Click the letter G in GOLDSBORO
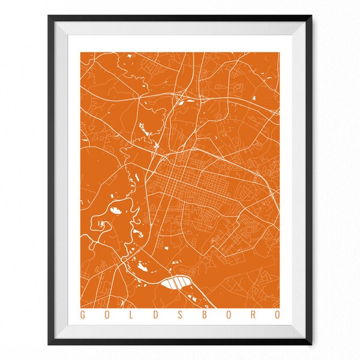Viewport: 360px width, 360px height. click(82, 314)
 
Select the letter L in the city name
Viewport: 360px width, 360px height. click(131, 314)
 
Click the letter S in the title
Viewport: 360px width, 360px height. click(179, 314)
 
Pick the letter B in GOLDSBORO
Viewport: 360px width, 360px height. click(204, 314)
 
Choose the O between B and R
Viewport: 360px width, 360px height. click(229, 314)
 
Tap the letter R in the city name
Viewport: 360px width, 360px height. click(253, 314)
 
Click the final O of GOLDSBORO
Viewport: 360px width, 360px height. click(278, 314)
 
